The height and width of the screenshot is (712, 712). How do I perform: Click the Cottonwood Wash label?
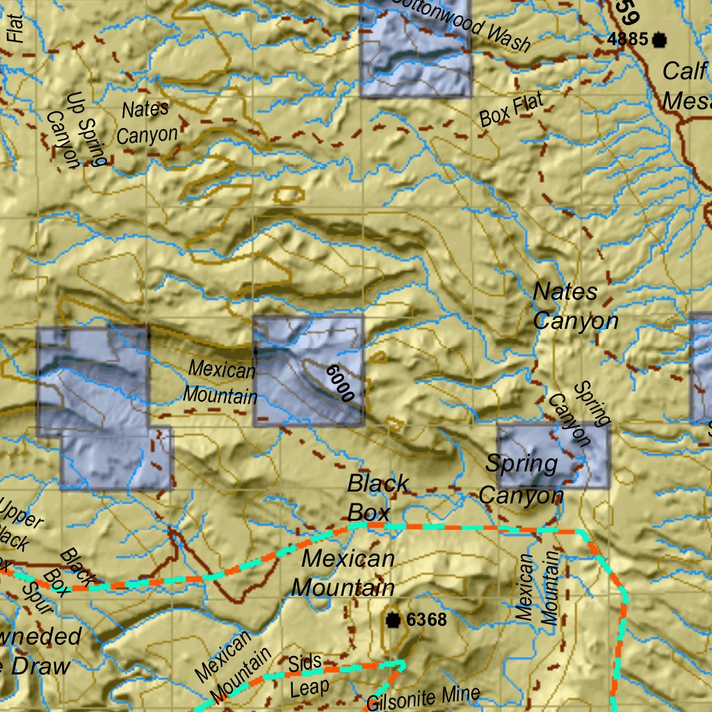[462, 26]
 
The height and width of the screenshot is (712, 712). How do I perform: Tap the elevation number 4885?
[627, 40]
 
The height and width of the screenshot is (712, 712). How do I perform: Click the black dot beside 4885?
[658, 40]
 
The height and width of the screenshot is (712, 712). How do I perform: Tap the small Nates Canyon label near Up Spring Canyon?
[147, 122]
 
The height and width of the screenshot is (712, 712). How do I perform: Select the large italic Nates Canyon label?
[574, 307]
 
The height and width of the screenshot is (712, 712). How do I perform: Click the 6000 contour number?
[340, 382]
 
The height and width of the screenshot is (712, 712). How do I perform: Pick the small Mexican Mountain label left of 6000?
[220, 382]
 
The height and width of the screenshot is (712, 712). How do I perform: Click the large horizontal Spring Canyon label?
[521, 479]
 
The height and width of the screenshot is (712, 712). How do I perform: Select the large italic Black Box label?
[378, 497]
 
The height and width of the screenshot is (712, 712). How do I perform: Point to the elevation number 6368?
[426, 620]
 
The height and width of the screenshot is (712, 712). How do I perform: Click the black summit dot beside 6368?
[394, 620]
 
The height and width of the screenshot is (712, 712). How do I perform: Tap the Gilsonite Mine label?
[423, 697]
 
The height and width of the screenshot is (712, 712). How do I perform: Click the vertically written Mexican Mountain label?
[537, 588]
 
